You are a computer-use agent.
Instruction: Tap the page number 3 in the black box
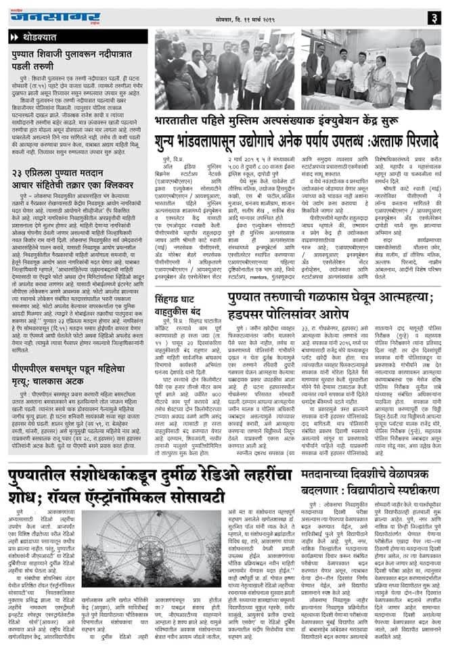pos(436,16)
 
